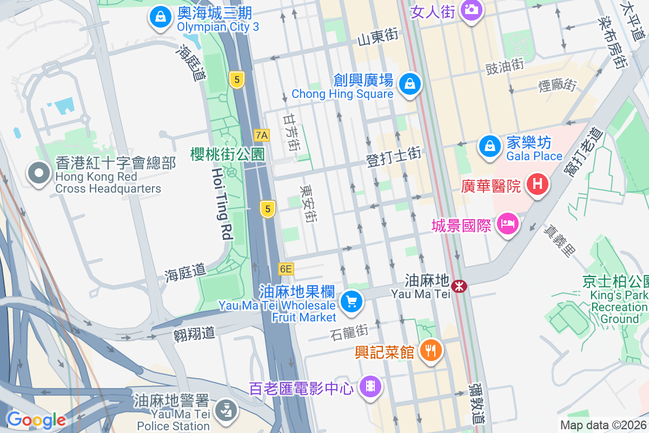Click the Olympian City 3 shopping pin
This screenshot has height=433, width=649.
point(161,16)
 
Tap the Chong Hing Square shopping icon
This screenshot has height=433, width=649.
point(410,84)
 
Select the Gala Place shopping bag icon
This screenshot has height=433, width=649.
point(489,146)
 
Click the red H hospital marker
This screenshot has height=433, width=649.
point(537,183)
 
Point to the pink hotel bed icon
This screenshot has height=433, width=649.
point(508,223)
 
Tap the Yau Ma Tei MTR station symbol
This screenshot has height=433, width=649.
point(460,285)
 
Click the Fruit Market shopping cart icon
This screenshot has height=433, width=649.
point(352,301)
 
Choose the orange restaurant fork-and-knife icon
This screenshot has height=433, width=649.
point(431,350)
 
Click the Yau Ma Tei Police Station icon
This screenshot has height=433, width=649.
point(226,410)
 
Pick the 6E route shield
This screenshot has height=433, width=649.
point(286,268)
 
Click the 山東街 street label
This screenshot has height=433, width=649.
point(378,37)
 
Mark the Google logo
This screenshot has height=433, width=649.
point(36,419)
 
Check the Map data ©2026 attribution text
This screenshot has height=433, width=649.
point(603,425)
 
